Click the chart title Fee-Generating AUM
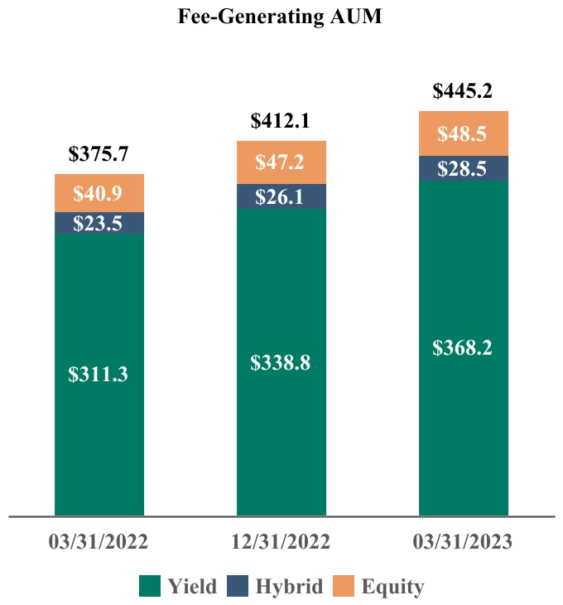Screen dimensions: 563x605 click(280, 17)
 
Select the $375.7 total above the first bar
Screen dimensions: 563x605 click(99, 154)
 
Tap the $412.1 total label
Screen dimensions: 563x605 click(280, 121)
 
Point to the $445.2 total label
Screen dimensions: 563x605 click(463, 91)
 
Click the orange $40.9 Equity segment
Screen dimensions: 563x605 click(99, 193)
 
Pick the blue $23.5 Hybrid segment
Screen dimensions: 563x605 click(99, 223)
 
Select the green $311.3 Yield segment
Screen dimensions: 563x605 click(99, 375)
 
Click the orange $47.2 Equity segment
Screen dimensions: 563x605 click(281, 162)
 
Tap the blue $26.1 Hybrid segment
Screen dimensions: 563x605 click(281, 196)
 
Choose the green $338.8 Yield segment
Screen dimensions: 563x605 click(281, 362)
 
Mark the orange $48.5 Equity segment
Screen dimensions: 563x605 click(464, 133)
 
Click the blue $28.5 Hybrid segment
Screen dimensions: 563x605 click(464, 168)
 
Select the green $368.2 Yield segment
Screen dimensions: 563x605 click(464, 348)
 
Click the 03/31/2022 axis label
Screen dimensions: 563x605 click(99, 542)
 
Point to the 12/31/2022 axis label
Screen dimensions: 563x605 click(281, 542)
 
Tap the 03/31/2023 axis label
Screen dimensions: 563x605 click(463, 542)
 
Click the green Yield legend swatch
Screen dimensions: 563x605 click(150, 586)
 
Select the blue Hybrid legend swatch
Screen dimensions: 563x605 click(238, 586)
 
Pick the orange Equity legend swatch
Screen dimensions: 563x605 click(344, 586)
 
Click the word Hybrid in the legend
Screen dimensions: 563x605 click(290, 587)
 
